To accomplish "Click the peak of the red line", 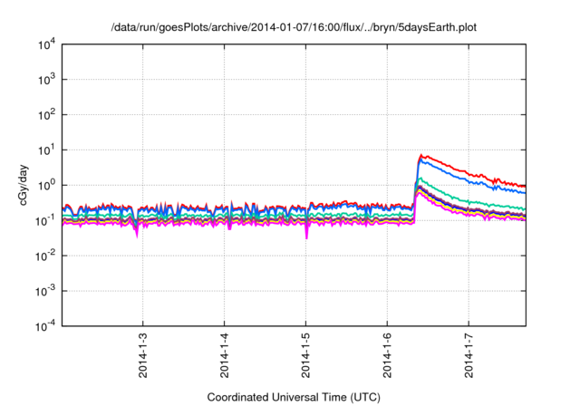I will coord(421,155).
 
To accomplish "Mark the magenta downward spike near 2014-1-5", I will coord(306,237).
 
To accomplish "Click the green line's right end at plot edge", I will coord(525,209).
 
